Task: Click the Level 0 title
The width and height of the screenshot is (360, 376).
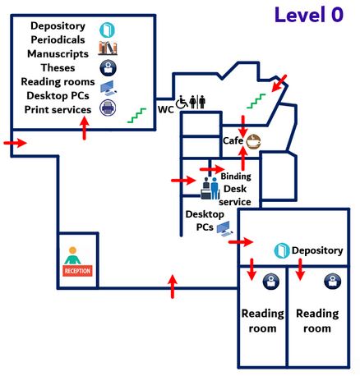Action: tap(308, 15)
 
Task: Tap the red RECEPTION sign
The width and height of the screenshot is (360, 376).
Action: tap(77, 270)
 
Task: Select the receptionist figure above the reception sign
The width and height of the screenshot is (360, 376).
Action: tap(76, 254)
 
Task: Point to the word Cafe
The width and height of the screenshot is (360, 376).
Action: tap(233, 141)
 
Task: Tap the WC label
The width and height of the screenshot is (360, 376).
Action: tap(164, 108)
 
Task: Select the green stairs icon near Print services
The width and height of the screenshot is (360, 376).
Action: tap(136, 116)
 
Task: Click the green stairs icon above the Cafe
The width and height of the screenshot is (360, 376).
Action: tap(256, 102)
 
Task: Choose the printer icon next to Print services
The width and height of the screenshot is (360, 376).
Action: tap(107, 108)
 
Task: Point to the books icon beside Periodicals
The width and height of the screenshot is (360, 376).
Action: tap(108, 47)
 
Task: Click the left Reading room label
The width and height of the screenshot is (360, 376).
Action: tap(262, 320)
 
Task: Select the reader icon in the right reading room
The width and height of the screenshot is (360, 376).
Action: tap(333, 282)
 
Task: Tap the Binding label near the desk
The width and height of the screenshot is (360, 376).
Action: tap(236, 176)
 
